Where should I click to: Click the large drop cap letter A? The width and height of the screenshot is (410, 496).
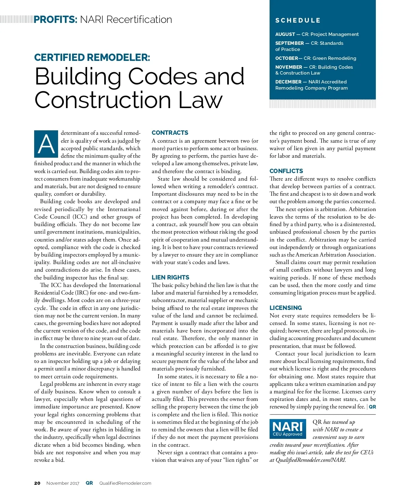(46, 144)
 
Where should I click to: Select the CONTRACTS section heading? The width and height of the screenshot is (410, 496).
(170, 133)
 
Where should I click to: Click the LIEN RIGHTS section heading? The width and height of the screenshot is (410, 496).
(170, 277)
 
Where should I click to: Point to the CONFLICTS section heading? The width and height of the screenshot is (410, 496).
(286, 171)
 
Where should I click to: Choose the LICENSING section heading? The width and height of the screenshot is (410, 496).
(286, 308)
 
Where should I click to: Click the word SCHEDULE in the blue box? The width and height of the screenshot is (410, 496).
(298, 21)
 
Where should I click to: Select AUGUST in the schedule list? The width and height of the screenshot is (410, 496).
(285, 34)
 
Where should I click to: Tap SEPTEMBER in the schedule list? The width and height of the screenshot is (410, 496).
(289, 43)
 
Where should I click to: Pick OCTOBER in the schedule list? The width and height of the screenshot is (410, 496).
(287, 58)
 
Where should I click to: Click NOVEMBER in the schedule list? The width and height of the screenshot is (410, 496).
(289, 67)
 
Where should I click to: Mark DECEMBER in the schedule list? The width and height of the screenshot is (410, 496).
(288, 82)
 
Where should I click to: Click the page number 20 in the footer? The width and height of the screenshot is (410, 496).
(37, 483)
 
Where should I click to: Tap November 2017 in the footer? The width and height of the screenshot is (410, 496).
(63, 483)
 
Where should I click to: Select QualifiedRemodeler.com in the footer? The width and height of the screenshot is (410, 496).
(125, 483)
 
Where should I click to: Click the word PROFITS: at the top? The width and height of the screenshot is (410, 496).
(56, 19)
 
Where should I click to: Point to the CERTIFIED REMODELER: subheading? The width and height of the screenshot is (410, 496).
(92, 57)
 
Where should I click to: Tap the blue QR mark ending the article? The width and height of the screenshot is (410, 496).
(372, 407)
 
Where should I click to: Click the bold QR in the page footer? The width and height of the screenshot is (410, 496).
(89, 483)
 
